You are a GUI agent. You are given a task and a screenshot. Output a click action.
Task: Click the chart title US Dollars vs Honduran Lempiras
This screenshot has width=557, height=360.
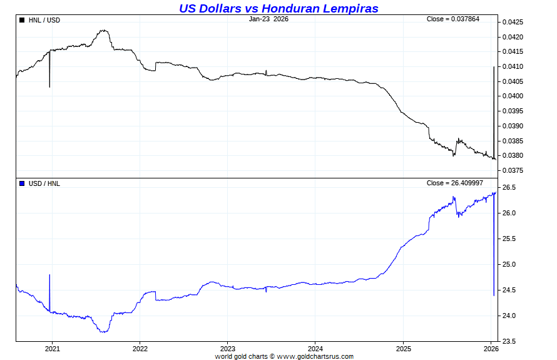coord(278,8)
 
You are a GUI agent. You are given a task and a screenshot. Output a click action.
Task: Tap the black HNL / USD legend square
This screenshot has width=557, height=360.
coord(23,20)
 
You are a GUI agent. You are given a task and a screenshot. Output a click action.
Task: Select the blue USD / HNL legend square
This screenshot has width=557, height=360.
coord(23,183)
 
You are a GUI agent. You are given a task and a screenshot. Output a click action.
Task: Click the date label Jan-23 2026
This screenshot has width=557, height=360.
coord(268,19)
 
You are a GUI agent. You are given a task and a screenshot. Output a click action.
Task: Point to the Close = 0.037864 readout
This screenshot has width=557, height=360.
coord(454,19)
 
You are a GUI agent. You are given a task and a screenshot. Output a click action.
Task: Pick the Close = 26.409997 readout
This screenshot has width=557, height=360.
coord(454,183)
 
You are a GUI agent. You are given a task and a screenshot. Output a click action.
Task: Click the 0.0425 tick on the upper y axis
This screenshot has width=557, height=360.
coord(513,22)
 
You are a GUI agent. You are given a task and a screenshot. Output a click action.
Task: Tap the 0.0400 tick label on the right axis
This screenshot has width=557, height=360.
coord(513,96)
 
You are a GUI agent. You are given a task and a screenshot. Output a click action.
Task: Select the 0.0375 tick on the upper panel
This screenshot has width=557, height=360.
coord(513,171)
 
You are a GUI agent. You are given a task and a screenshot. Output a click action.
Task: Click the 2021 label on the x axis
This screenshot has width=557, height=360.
coord(53,349)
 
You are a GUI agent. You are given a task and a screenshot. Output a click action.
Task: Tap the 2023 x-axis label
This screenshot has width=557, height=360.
coord(228,349)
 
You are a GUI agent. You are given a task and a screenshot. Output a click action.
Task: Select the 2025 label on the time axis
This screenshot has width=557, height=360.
coord(403,349)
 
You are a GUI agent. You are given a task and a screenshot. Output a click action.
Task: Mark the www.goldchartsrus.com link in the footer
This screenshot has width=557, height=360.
coord(315,357)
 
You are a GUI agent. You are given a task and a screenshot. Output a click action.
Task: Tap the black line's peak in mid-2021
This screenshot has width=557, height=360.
coord(103,30)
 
